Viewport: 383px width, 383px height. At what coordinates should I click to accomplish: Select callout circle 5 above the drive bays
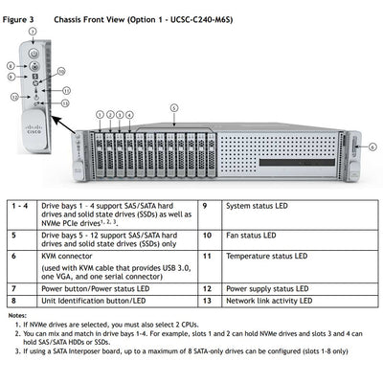point(173,108)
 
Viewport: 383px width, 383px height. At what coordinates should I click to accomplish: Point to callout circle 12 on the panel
point(14,97)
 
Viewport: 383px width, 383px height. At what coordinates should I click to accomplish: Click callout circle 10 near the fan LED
point(60,72)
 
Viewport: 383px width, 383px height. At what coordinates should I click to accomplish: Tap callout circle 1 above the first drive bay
point(100,114)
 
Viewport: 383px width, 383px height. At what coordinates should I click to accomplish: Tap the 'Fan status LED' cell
point(250,235)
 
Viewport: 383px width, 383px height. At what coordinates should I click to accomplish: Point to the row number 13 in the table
point(205,301)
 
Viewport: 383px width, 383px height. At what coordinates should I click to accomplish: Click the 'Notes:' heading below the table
point(17,315)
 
